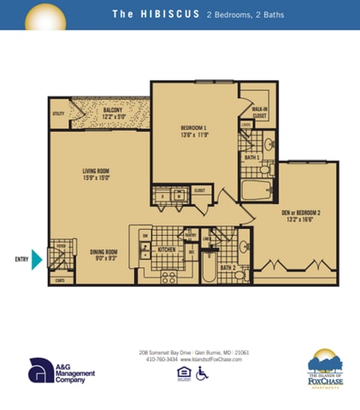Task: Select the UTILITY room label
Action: (58, 113)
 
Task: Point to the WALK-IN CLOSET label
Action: (258, 113)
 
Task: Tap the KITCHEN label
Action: (166, 250)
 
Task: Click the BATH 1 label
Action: (251, 158)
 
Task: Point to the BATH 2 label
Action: (227, 268)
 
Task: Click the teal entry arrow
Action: (37, 259)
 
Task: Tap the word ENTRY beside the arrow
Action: (21, 259)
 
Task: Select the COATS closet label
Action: (60, 279)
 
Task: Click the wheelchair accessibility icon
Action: (202, 373)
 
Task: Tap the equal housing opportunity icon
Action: (182, 372)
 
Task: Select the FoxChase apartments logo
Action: (325, 369)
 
